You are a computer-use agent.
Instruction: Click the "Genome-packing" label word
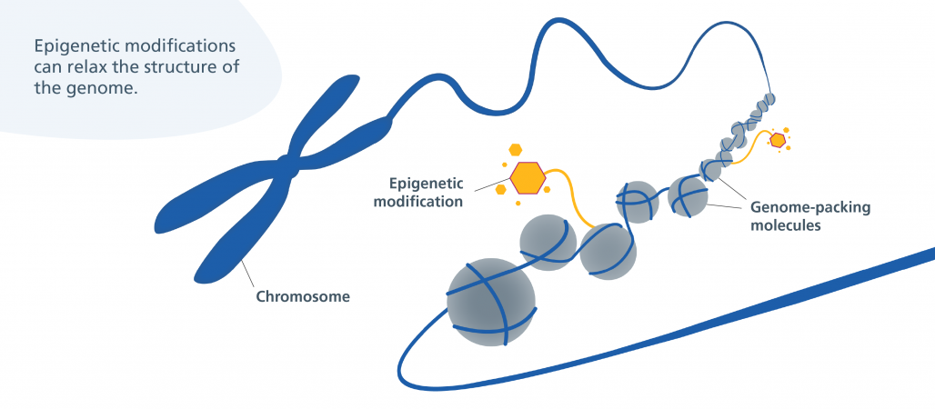[809, 208]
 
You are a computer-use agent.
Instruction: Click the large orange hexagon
[528, 178]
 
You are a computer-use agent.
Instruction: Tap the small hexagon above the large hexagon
[516, 149]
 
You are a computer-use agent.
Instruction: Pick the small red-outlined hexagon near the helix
[778, 141]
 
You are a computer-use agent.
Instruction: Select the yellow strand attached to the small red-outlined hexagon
[740, 155]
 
